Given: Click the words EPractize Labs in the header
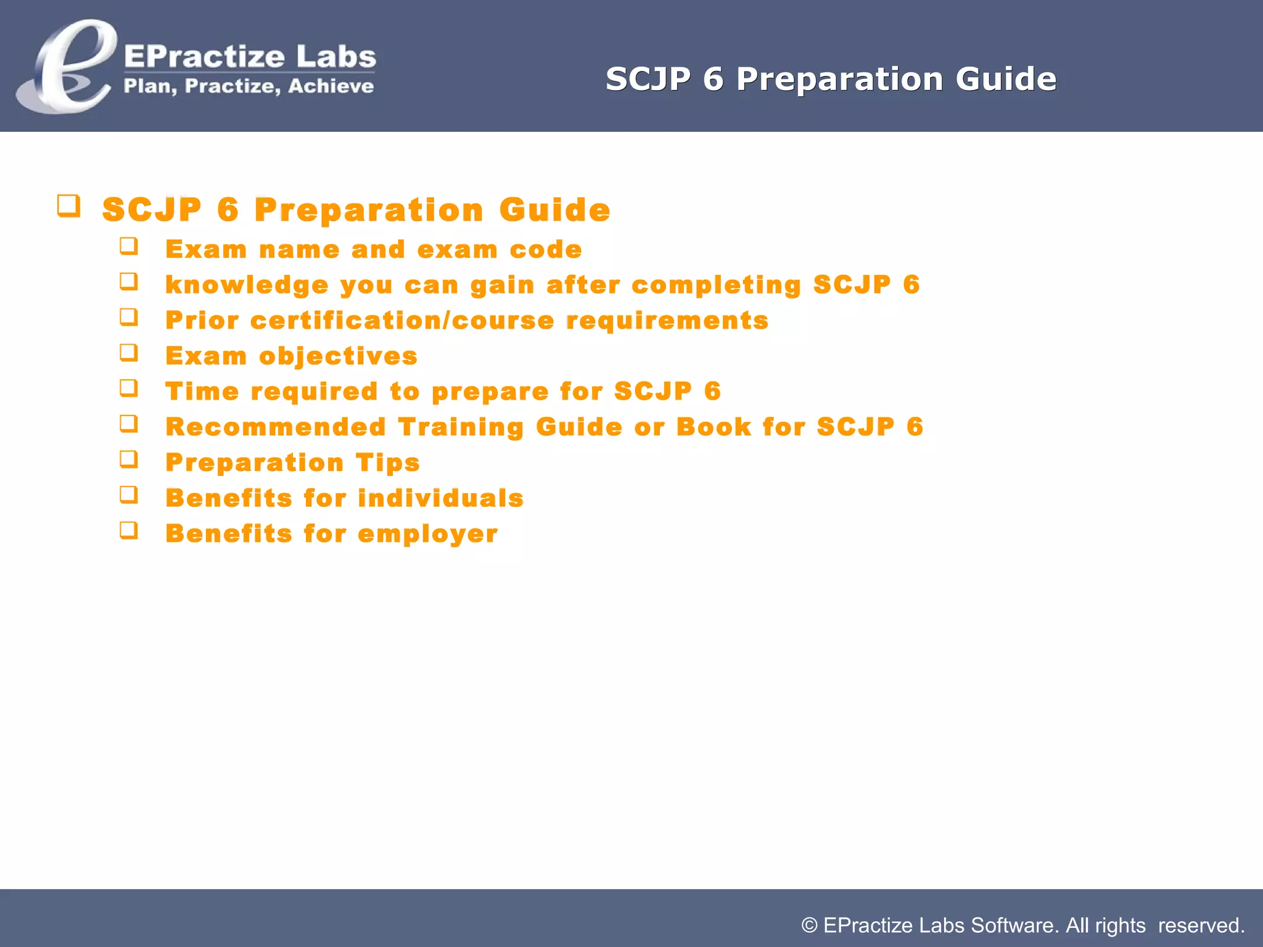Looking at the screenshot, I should (x=250, y=57).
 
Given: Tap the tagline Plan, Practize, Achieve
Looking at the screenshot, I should (x=249, y=86).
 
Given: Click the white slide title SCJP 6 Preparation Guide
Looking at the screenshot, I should (x=831, y=79).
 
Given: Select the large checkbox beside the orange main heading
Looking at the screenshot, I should (x=68, y=205).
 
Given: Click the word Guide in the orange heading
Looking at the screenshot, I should (x=554, y=210).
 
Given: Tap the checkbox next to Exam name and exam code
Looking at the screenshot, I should (x=128, y=246).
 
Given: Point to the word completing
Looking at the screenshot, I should (x=716, y=285).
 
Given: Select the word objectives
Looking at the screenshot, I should (x=338, y=356).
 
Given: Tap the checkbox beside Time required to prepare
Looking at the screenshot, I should (x=128, y=388).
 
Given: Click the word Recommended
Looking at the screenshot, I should (x=276, y=427).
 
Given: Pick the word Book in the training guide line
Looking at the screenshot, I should (x=714, y=427).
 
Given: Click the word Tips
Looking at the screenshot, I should (x=387, y=463).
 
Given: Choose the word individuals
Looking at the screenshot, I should (x=440, y=498).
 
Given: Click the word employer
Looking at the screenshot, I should (x=427, y=534).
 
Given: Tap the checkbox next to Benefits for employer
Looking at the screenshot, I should (x=128, y=530).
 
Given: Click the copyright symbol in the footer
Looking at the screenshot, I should (x=809, y=925).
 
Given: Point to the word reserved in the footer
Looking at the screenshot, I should (x=1199, y=925).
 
